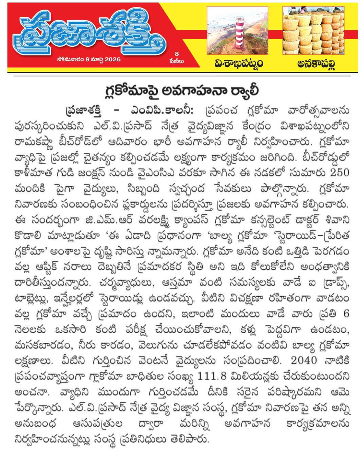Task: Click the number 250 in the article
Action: [x=338, y=172]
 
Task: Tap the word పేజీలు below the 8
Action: [x=177, y=61]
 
